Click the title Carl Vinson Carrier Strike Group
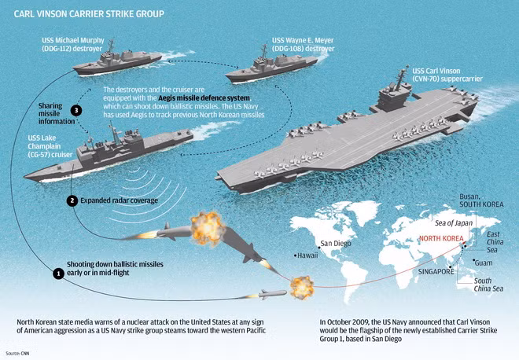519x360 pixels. coord(89,14)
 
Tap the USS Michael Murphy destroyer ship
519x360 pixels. coord(117,61)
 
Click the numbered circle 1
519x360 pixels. coord(59,274)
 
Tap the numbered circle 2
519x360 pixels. coord(72,200)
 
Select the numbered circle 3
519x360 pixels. coord(76,110)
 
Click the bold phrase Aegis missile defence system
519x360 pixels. coord(204,98)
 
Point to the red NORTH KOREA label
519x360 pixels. coord(441,239)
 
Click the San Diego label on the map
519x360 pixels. coord(336,244)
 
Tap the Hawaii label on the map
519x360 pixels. coord(307,255)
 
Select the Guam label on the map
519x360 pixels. coord(484,263)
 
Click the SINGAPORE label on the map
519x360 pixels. coord(436,272)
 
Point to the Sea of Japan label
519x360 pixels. coord(454,223)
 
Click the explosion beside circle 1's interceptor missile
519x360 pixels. coord(302,288)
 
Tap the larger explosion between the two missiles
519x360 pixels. coord(208,229)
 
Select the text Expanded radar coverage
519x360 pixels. coord(120,200)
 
